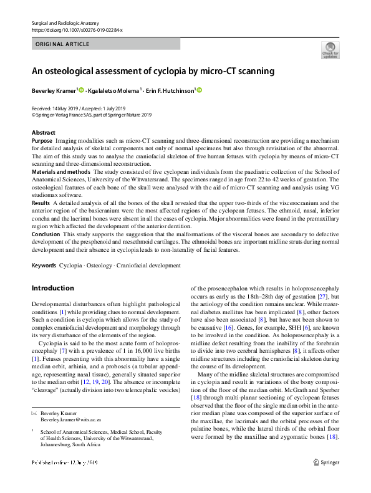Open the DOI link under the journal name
tap(77, 30)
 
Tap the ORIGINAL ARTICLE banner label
tap(63, 44)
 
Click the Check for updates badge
tap(330, 50)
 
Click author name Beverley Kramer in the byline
tap(54, 90)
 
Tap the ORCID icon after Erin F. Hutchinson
tap(200, 90)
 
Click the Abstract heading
tap(43, 133)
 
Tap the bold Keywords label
tap(44, 266)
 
